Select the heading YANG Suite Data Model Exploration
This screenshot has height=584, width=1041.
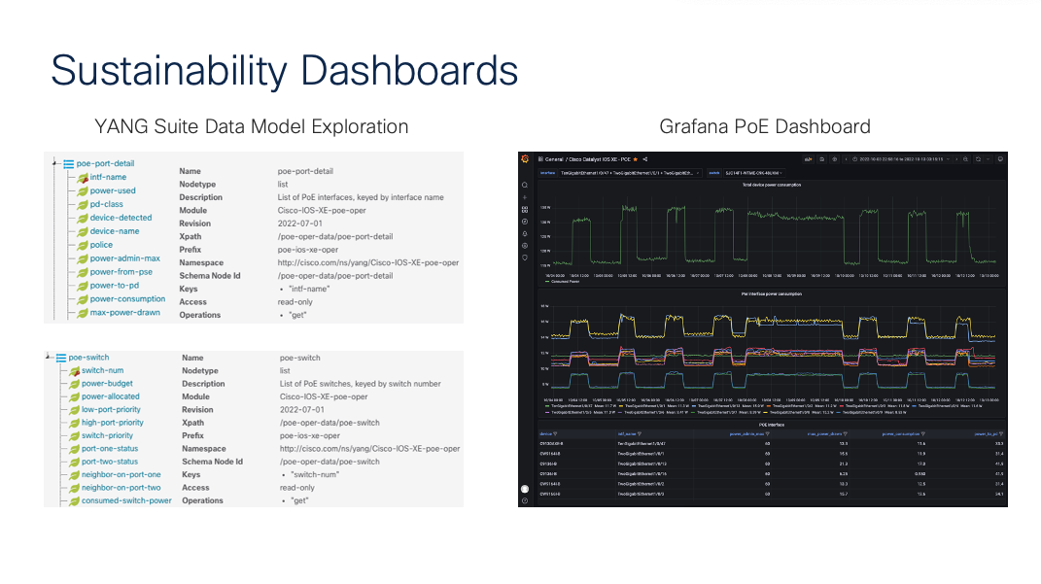(x=251, y=126)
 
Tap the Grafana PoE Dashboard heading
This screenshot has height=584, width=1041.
(x=764, y=126)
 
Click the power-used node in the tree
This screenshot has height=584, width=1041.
(x=113, y=190)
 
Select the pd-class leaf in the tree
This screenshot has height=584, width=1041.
(x=106, y=204)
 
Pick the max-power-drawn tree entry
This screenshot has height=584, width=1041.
(x=125, y=313)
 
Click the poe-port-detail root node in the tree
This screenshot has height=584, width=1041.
(x=105, y=163)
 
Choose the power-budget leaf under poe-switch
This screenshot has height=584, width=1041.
(x=107, y=383)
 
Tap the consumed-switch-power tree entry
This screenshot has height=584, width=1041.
(x=126, y=500)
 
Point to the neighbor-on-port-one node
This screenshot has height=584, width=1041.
(x=121, y=474)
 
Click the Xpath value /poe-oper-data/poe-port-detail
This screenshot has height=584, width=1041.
(x=334, y=236)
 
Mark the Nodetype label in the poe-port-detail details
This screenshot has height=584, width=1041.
(x=198, y=185)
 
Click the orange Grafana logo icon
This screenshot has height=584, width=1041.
(x=525, y=158)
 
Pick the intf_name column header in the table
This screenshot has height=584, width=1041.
(x=629, y=434)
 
